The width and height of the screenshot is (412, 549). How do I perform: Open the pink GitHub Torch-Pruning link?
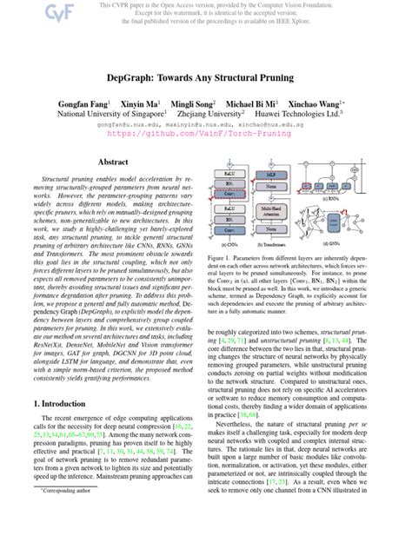coord(205,136)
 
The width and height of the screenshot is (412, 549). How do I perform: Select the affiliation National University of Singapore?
coord(110,113)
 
